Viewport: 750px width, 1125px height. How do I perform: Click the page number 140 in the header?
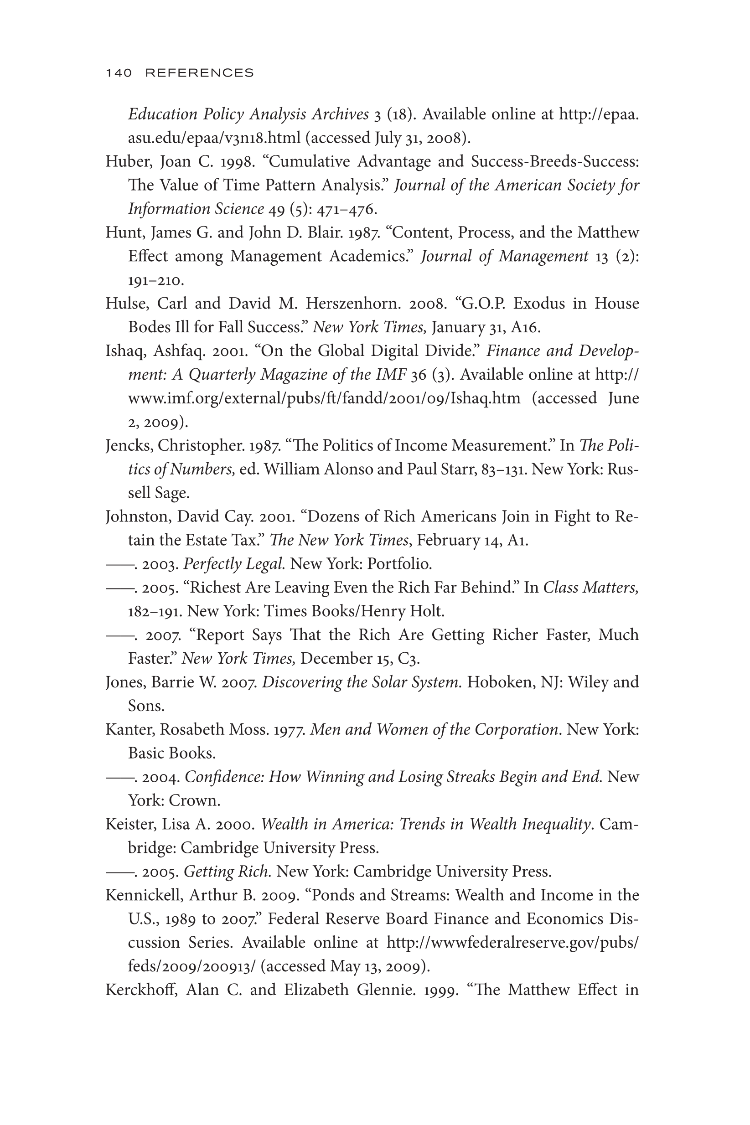pos(119,72)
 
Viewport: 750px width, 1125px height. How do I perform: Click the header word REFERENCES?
pos(199,72)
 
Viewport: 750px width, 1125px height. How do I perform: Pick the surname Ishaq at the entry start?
pos(125,351)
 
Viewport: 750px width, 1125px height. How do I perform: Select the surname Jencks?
pos(128,446)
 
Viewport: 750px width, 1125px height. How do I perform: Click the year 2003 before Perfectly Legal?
pos(160,564)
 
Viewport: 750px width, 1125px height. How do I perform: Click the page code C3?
pos(408,659)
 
